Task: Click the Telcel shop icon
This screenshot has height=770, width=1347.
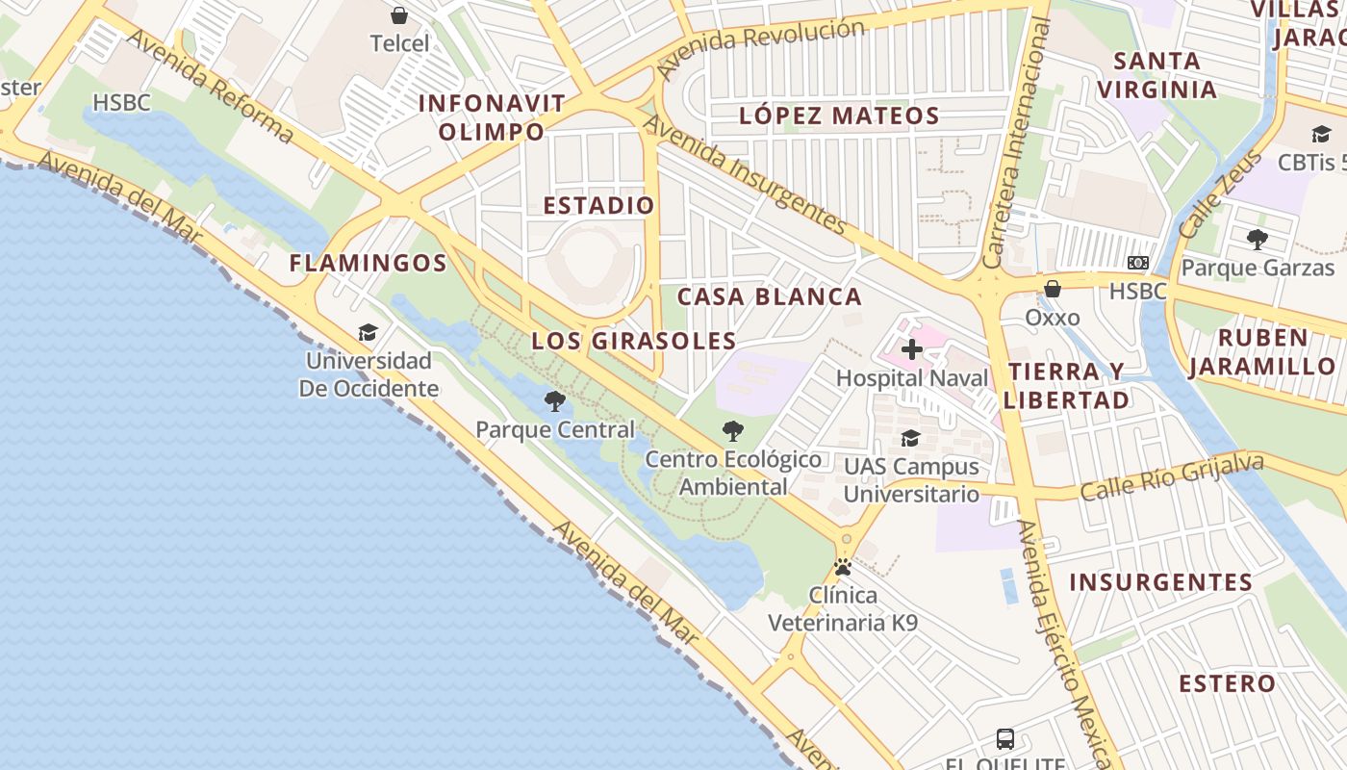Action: [x=399, y=15]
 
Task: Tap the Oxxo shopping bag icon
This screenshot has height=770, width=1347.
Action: [x=1053, y=288]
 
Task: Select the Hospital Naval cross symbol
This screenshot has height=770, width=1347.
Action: [x=912, y=348]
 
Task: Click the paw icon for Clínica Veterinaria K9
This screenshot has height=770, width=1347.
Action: [x=843, y=567]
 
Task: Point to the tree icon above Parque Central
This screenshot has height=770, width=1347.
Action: [x=555, y=401]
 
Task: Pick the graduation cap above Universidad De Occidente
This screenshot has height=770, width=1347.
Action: [x=368, y=333]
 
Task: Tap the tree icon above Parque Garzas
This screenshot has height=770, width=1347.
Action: [x=1257, y=240]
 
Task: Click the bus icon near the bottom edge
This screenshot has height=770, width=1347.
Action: [x=1005, y=739]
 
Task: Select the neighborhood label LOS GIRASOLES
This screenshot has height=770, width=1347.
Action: [x=634, y=341]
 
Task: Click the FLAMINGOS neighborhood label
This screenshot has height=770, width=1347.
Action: [x=369, y=263]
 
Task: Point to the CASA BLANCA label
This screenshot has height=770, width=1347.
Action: [x=770, y=296]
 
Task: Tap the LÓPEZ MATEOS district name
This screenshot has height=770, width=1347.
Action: [x=839, y=116]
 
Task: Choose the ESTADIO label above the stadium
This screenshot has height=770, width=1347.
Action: [x=598, y=205]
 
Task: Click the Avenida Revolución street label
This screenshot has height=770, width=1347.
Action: [x=760, y=46]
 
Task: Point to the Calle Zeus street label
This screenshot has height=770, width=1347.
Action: [x=1219, y=195]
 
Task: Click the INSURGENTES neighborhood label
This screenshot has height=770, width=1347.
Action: [x=1160, y=582]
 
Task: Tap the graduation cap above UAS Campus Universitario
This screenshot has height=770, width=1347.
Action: [x=910, y=439]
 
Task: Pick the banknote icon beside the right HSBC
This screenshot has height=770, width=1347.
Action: [x=1138, y=263]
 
